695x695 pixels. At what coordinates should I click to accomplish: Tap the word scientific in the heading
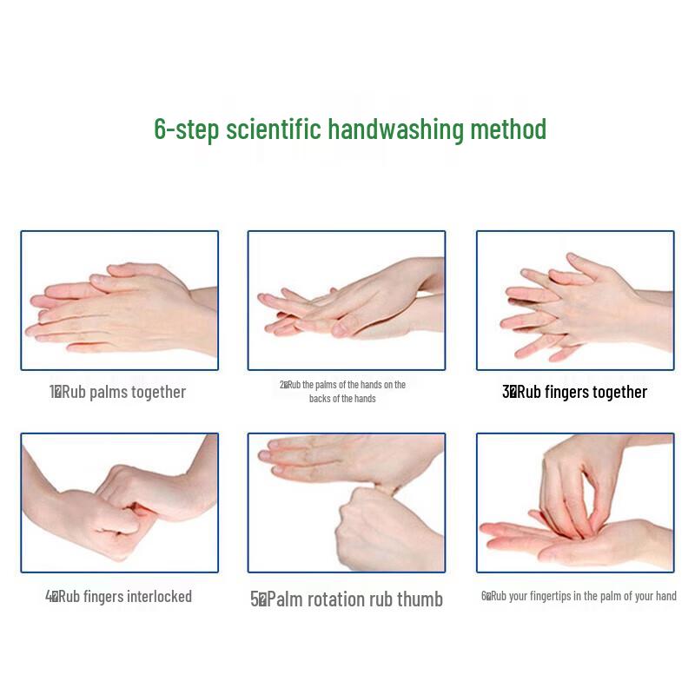tap(273, 129)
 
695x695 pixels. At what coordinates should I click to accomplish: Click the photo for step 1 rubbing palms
tap(119, 300)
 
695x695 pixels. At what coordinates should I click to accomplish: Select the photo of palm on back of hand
tap(346, 300)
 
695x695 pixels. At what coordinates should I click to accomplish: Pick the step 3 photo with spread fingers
tap(574, 300)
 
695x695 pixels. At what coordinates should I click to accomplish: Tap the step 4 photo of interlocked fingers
tap(119, 503)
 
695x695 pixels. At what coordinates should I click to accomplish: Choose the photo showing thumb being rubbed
tap(346, 503)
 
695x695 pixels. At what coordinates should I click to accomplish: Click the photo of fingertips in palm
tap(574, 503)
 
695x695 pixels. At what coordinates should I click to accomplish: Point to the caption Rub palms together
tap(123, 392)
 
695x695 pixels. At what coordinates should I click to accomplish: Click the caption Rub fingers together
tap(581, 392)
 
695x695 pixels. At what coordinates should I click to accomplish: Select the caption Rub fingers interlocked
tap(124, 597)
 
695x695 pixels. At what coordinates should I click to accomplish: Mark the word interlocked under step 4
tap(159, 597)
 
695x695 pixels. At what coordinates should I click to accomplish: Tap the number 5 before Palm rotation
tap(255, 599)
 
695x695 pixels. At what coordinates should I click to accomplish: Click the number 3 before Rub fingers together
tap(506, 392)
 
